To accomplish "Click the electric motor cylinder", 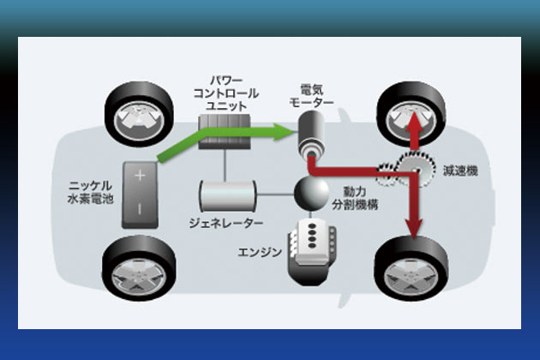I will pyautogui.click(x=311, y=136).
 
